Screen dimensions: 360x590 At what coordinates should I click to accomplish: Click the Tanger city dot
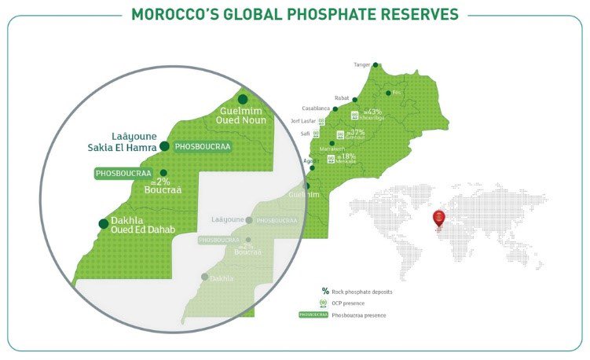point(376,65)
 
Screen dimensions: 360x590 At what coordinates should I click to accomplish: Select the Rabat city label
point(342,97)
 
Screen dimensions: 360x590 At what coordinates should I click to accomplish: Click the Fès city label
point(397,93)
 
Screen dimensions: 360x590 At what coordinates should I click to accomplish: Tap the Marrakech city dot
point(332,144)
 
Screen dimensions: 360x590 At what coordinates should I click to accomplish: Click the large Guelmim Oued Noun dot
point(243,99)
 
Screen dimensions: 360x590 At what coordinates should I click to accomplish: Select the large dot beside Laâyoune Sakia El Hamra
point(164,146)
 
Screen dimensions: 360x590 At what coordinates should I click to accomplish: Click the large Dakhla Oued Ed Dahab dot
point(103,223)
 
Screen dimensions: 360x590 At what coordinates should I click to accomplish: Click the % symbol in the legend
point(325,292)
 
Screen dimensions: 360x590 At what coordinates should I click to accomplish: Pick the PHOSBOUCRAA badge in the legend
point(314,315)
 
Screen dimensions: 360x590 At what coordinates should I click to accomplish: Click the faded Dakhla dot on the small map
point(205,277)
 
